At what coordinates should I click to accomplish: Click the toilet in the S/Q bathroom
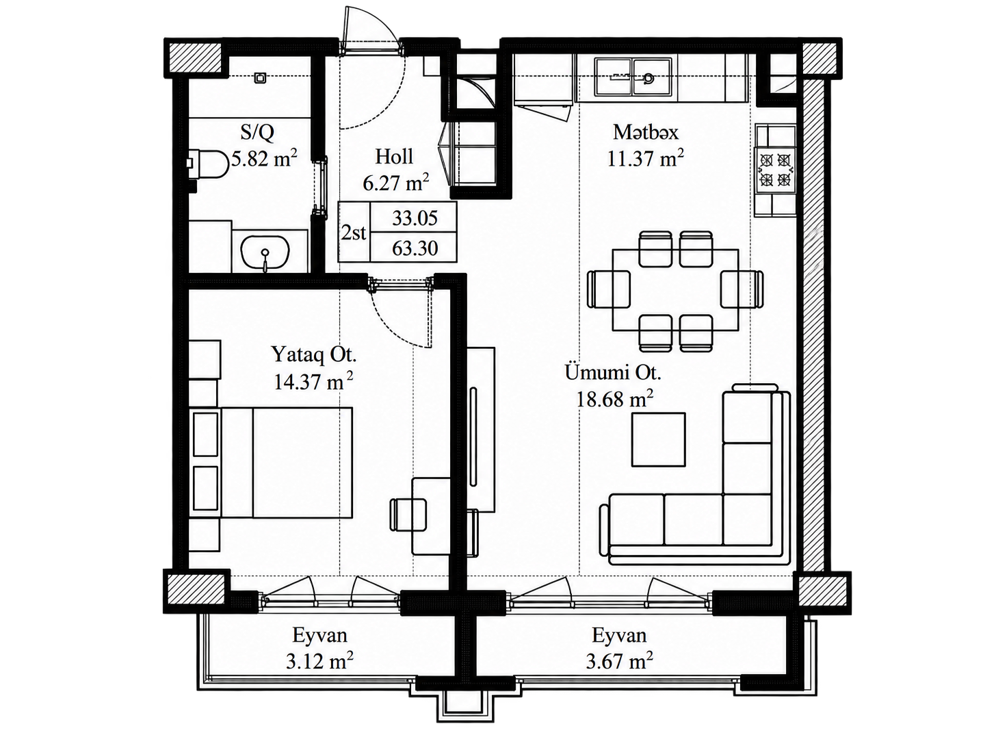tap(207, 164)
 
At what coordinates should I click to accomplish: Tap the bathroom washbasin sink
tap(265, 252)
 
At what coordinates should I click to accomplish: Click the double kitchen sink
tap(634, 77)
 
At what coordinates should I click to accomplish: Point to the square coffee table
tap(658, 440)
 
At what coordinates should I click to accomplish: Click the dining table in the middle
tap(675, 289)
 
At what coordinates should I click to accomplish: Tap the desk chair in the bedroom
tap(408, 515)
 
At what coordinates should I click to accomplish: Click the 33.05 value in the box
tap(415, 218)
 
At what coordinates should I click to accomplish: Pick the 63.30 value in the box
tap(415, 248)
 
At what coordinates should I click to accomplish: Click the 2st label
tap(354, 233)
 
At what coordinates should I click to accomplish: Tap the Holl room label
tap(394, 157)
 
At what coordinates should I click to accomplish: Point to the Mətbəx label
tap(645, 132)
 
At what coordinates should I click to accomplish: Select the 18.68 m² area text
tap(614, 399)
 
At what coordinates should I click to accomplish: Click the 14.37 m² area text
tap(313, 381)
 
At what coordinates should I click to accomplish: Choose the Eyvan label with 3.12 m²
tap(319, 636)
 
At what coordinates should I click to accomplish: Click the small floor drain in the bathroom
tap(260, 78)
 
